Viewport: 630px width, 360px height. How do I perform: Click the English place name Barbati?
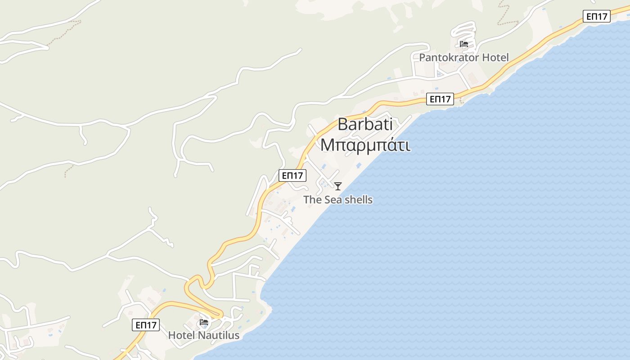coord(364,124)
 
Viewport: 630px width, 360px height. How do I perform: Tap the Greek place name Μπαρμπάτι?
coord(365,145)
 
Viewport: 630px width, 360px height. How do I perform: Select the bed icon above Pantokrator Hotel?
coord(464,44)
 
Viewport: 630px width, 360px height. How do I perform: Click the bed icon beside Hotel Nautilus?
coord(204,322)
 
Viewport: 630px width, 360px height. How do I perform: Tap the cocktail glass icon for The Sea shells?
coord(337,186)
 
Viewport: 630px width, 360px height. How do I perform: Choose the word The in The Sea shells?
coord(311,199)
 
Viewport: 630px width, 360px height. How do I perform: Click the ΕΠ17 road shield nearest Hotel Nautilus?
coord(146,325)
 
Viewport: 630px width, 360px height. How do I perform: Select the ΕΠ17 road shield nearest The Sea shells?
coord(292,175)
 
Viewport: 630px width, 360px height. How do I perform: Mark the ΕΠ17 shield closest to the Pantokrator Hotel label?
coord(440,99)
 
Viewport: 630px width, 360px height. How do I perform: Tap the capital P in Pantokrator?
coord(422,58)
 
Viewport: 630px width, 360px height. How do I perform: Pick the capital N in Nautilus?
coord(200,335)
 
